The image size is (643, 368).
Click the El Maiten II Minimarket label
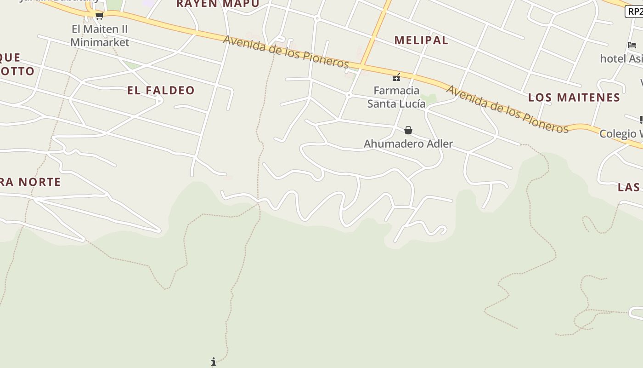click(100, 36)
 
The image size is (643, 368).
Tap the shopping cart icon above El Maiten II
click(99, 16)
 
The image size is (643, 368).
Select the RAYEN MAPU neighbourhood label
click(218, 4)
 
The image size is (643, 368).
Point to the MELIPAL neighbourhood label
click(421, 40)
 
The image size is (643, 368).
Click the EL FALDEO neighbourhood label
click(161, 90)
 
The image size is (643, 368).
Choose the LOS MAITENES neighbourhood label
click(574, 98)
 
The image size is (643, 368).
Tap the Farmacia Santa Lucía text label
click(396, 97)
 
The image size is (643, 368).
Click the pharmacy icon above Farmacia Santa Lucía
click(396, 77)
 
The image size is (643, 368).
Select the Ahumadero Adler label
click(408, 144)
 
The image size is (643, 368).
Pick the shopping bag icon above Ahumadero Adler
click(408, 131)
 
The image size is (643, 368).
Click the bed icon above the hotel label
click(632, 45)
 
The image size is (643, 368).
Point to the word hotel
click(613, 58)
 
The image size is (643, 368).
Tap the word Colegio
click(618, 133)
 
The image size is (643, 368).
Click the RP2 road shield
click(634, 11)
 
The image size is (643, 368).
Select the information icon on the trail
click(214, 362)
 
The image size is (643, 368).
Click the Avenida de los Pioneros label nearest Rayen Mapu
click(286, 52)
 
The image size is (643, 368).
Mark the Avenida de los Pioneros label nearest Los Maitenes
click(507, 109)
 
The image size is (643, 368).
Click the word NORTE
click(40, 182)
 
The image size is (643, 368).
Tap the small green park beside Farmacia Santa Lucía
click(429, 98)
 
